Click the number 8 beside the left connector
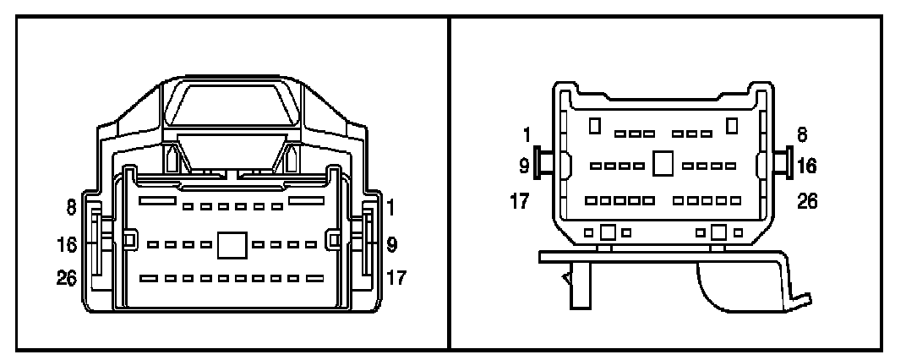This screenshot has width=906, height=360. [72, 206]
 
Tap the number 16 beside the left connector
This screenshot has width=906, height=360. [68, 245]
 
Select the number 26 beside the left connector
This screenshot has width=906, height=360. [68, 276]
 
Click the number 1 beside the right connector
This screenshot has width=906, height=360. [527, 134]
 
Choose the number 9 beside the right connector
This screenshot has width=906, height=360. [525, 165]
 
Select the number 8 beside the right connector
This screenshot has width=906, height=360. [802, 134]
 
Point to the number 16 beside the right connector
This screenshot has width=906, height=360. [807, 165]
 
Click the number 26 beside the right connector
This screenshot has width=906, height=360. [807, 203]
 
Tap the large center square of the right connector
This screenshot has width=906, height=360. [663, 164]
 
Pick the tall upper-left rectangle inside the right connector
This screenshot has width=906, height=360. [595, 126]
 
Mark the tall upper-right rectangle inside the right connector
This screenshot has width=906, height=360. [731, 126]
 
